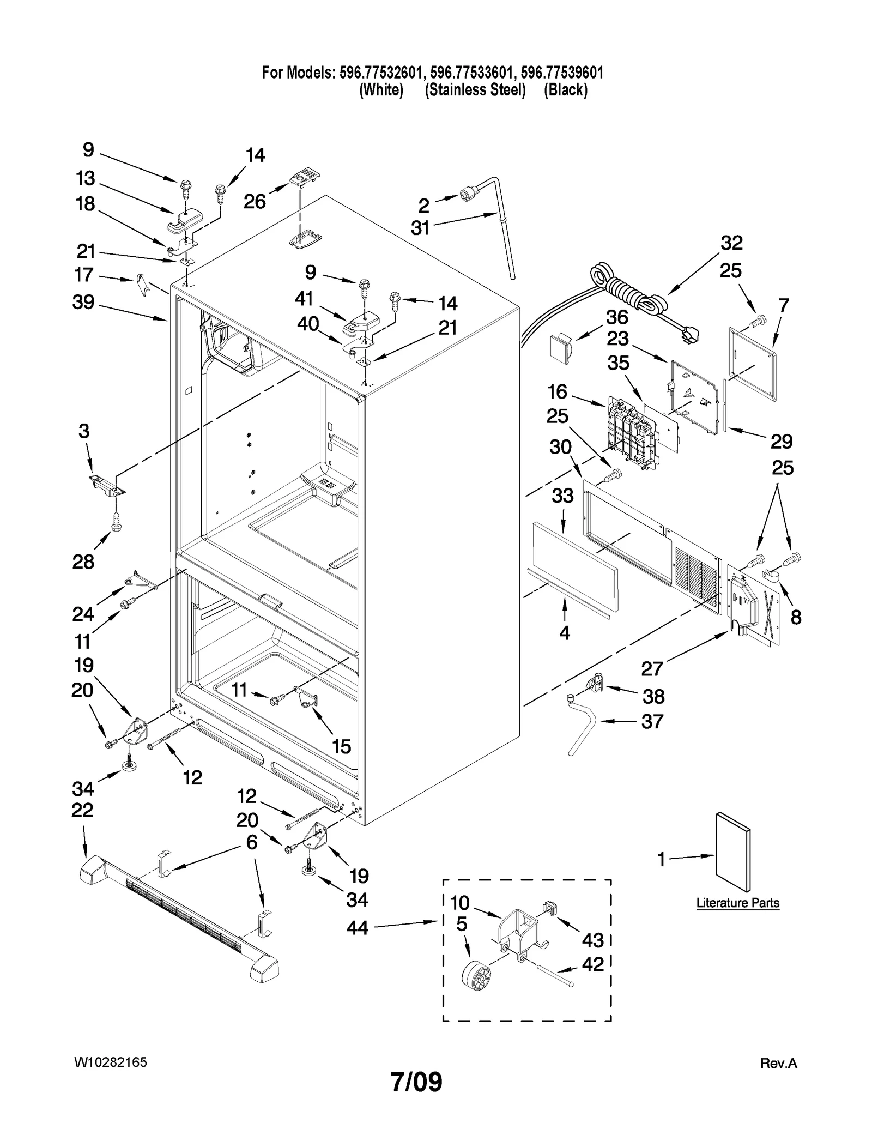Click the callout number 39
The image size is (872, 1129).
tap(83, 302)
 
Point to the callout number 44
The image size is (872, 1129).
tap(358, 927)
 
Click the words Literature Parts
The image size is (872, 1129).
tap(737, 903)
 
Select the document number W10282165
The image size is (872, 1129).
tap(111, 1062)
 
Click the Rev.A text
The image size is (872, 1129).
tap(778, 1064)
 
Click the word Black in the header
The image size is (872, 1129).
tap(566, 90)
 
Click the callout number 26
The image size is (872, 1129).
tap(255, 201)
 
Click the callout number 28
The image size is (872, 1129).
tap(83, 562)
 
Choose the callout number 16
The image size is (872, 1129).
tap(558, 391)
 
